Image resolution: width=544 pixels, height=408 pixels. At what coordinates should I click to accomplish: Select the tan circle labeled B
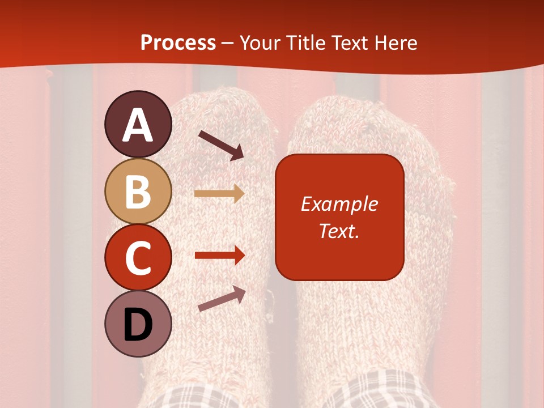click(x=138, y=191)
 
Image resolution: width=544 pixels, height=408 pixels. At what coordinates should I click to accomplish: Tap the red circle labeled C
click(x=138, y=258)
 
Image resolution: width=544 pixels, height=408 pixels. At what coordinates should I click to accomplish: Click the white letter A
click(x=138, y=125)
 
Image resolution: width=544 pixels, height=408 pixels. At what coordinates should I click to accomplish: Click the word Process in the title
click(x=178, y=43)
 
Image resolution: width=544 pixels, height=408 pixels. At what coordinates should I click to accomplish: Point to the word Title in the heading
click(x=305, y=43)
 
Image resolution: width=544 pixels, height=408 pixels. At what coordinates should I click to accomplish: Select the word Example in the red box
click(x=339, y=204)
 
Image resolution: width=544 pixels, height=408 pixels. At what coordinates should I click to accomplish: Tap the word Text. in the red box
click(x=339, y=231)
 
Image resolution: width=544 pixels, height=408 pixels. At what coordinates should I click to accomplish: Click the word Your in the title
click(x=260, y=43)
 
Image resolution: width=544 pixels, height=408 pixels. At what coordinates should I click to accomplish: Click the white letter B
click(x=138, y=192)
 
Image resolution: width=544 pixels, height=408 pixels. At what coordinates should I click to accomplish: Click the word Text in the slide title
click(x=350, y=43)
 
